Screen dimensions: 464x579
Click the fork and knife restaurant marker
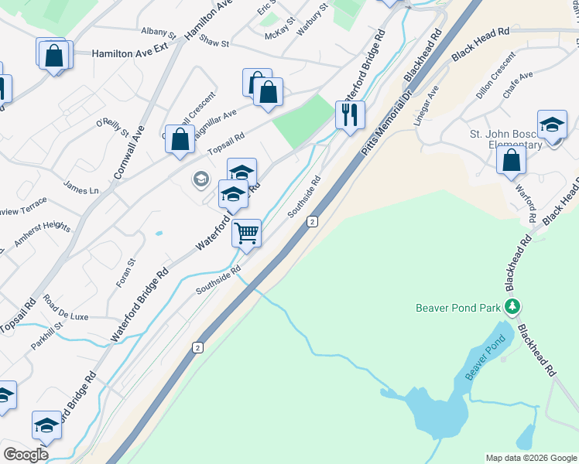tap(350, 114)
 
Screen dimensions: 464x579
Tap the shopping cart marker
tap(247, 232)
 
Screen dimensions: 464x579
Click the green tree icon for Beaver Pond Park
tap(511, 307)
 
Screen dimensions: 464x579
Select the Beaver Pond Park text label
tap(458, 307)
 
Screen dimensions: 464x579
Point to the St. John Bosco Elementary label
tap(506, 138)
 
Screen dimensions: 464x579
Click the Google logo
tap(26, 455)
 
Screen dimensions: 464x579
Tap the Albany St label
tap(159, 32)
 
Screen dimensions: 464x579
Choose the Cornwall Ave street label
tap(128, 152)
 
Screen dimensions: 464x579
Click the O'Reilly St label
tap(112, 128)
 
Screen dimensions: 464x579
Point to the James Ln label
tap(81, 188)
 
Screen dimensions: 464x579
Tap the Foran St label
tap(125, 273)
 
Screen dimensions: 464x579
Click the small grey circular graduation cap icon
tap(200, 180)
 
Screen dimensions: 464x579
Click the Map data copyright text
tap(530, 458)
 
